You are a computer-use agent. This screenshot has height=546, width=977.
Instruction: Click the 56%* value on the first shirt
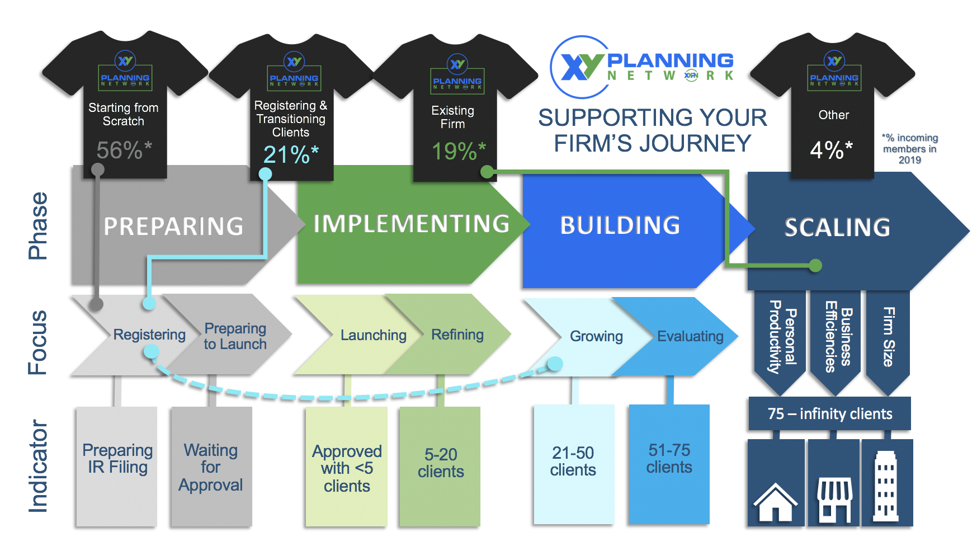pyautogui.click(x=124, y=150)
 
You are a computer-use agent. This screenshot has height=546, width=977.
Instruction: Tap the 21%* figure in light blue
pyautogui.click(x=290, y=154)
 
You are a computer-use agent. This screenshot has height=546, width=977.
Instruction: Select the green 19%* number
pyautogui.click(x=458, y=151)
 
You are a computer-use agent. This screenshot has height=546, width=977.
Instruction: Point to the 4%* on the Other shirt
pyautogui.click(x=831, y=150)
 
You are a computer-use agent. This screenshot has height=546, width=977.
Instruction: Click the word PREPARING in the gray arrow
pyautogui.click(x=173, y=227)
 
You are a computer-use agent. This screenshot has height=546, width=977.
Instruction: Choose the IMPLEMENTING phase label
pyautogui.click(x=411, y=224)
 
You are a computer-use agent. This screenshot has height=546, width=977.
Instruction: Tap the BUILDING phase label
pyautogui.click(x=620, y=225)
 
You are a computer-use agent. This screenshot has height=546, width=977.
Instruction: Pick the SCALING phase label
pyautogui.click(x=837, y=228)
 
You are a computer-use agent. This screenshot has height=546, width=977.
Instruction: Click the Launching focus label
pyautogui.click(x=373, y=335)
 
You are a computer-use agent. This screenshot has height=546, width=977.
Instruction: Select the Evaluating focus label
pyautogui.click(x=690, y=336)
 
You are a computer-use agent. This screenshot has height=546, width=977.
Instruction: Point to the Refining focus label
pyautogui.click(x=457, y=335)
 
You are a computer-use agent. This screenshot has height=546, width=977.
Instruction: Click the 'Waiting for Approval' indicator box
pyautogui.click(x=211, y=467)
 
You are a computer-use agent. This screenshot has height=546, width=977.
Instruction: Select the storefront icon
pyautogui.click(x=834, y=498)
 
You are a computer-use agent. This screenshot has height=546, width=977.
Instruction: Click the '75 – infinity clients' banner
pyautogui.click(x=829, y=414)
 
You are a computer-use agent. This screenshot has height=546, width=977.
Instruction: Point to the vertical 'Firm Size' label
pyautogui.click(x=888, y=337)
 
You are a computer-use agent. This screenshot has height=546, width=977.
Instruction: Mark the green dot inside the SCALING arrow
pyautogui.click(x=815, y=265)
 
